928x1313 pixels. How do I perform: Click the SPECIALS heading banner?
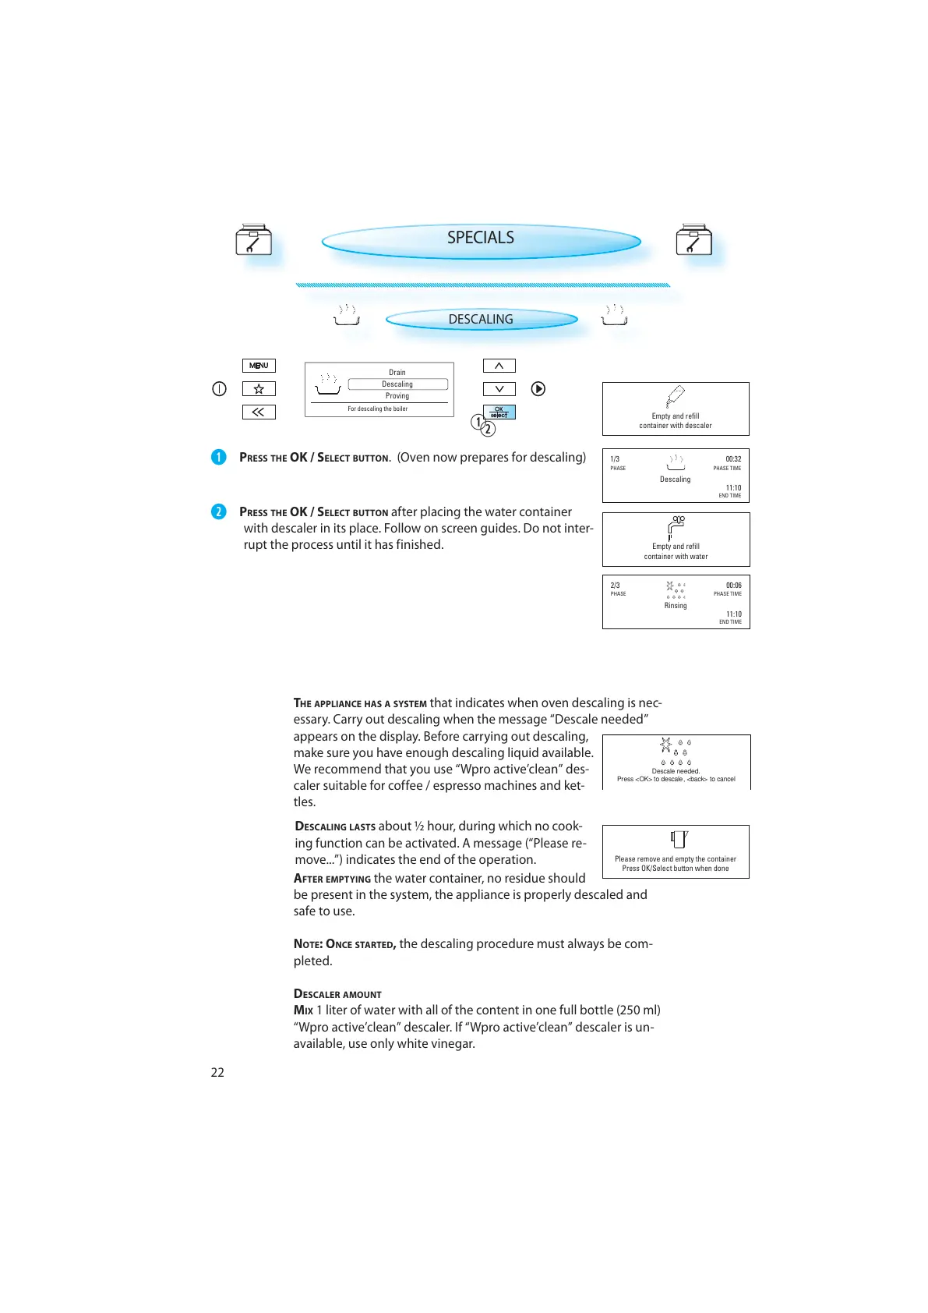point(481,239)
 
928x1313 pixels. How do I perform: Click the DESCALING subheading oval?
point(481,320)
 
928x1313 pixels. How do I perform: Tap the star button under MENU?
point(259,389)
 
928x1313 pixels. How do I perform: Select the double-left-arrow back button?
point(259,412)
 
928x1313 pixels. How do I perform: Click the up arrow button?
point(499,366)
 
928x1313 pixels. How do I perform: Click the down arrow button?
point(499,389)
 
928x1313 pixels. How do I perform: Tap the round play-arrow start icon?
point(538,389)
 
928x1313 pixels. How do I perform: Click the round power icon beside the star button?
point(220,389)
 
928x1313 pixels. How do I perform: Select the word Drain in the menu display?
point(397,373)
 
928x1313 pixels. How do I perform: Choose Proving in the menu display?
point(397,396)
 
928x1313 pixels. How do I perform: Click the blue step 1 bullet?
point(219,457)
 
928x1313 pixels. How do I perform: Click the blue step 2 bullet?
point(219,511)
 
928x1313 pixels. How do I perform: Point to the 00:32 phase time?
point(733,459)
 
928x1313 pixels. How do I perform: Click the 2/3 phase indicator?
point(616,586)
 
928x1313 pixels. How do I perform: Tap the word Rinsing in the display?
point(676,606)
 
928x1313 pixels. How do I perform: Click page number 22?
point(217,1073)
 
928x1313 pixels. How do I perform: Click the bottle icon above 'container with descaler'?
point(675,397)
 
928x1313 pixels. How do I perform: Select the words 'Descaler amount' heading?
point(337,994)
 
